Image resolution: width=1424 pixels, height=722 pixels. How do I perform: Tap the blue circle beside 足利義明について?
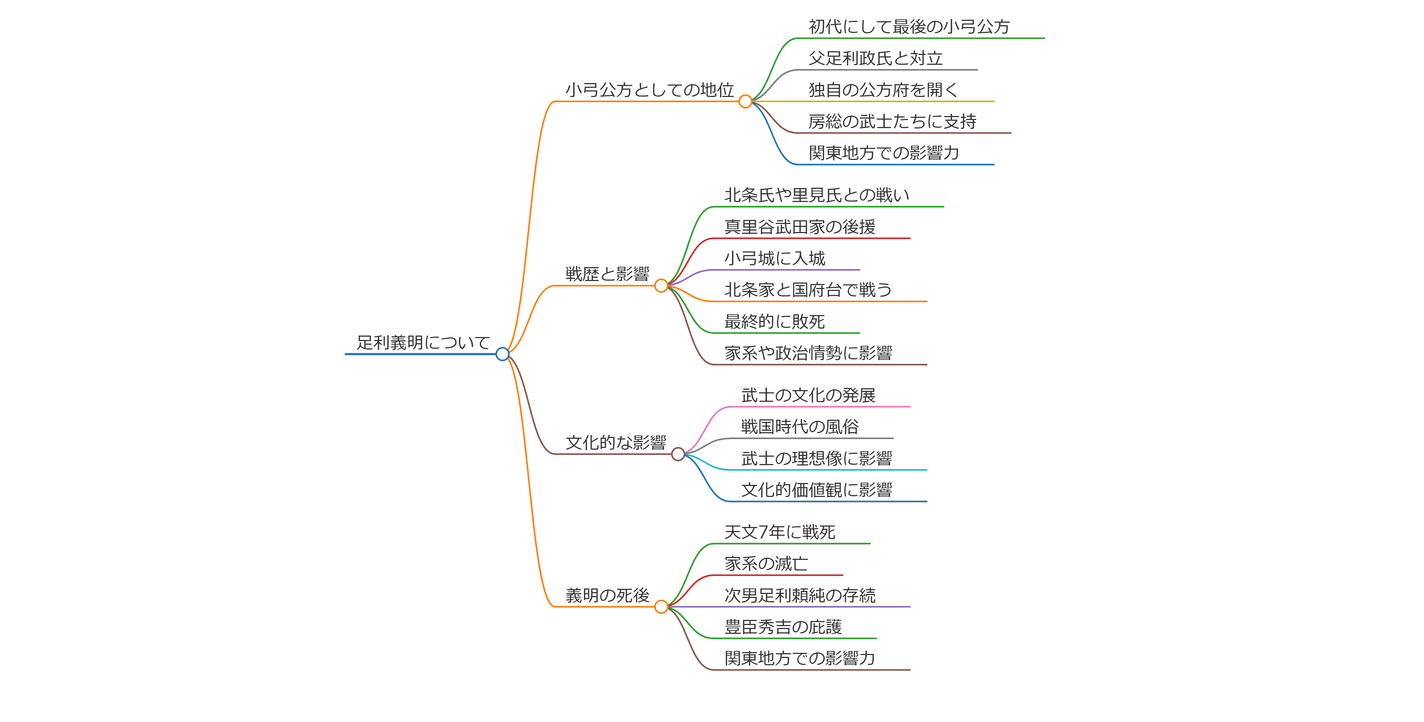[x=502, y=354]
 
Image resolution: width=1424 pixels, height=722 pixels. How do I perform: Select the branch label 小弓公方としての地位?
[x=649, y=90]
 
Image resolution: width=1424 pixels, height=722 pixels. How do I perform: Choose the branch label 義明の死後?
[x=607, y=595]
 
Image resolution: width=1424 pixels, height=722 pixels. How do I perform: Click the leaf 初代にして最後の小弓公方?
[x=909, y=27]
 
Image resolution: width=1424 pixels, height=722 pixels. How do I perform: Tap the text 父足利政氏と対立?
[x=875, y=58]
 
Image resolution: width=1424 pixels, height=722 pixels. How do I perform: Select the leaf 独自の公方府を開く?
[x=883, y=90]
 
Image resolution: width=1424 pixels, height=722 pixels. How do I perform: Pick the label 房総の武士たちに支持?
[x=892, y=121]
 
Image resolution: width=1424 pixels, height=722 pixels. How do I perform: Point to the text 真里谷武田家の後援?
[x=799, y=227]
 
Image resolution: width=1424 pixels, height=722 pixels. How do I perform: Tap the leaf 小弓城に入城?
[x=775, y=258]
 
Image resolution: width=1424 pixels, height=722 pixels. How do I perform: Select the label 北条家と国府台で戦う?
[x=808, y=290]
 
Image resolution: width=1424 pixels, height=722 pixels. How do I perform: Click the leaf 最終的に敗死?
[x=775, y=321]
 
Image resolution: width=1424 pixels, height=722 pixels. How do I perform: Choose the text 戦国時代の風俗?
[x=799, y=427]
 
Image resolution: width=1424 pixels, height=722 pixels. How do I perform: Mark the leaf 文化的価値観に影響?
[x=817, y=490]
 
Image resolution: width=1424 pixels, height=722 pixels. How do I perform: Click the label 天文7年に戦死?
[x=780, y=532]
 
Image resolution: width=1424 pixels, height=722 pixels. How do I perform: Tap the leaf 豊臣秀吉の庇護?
[x=783, y=627]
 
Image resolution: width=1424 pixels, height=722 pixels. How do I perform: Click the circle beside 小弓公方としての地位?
[x=745, y=101]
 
